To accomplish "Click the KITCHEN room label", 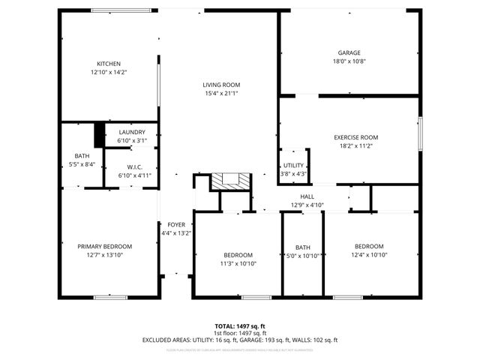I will pyautogui.click(x=109, y=64).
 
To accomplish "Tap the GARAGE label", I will pyautogui.click(x=349, y=52).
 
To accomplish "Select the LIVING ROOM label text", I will pyautogui.click(x=220, y=85).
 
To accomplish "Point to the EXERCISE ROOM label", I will pyautogui.click(x=355, y=138).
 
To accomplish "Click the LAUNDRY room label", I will pyautogui.click(x=131, y=132).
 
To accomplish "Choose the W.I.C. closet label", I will pyautogui.click(x=135, y=167).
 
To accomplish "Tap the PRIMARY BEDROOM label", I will pyautogui.click(x=105, y=246).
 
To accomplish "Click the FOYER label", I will pyautogui.click(x=176, y=224).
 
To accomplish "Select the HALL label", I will pyautogui.click(x=307, y=196).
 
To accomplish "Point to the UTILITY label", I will pyautogui.click(x=293, y=166).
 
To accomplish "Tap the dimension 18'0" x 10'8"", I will pyautogui.click(x=349, y=61).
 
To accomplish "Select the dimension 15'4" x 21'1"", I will pyautogui.click(x=220, y=94).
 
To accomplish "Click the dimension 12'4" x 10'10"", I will pyautogui.click(x=369, y=255).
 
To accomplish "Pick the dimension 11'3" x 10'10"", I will pyautogui.click(x=237, y=263).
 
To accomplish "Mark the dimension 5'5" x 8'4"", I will pyautogui.click(x=82, y=164).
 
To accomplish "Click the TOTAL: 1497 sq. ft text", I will pyautogui.click(x=239, y=326).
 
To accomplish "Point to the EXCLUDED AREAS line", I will pyautogui.click(x=239, y=340).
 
